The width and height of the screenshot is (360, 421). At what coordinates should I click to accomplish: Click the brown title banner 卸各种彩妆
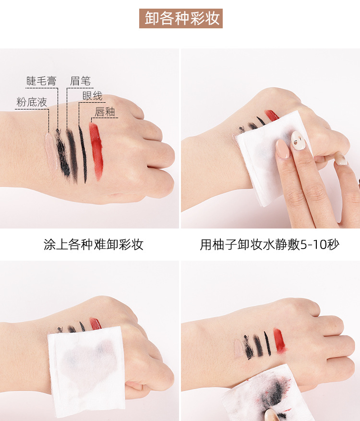coord(180,18)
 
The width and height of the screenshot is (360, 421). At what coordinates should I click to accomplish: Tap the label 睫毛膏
coord(41,81)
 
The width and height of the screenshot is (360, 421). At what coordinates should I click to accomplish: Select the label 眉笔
coord(80,81)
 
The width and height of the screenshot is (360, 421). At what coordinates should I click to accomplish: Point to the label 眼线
coord(92,96)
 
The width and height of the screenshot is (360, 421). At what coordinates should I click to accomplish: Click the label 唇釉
coord(105,112)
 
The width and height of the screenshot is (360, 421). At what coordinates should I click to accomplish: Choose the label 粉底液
coord(32,102)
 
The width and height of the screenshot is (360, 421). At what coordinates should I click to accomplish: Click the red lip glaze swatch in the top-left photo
coord(96,150)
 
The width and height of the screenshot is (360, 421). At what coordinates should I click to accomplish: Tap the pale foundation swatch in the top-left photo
coord(51,151)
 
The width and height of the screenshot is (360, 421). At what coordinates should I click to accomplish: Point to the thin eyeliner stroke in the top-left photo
coord(83,154)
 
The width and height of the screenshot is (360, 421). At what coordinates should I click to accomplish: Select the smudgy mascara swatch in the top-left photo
coord(62,153)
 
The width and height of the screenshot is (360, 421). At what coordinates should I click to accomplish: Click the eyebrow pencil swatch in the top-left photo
coord(72,156)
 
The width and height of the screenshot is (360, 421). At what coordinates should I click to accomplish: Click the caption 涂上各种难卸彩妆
coord(94,244)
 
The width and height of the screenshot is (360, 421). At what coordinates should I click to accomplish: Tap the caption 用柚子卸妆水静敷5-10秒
coord(270,244)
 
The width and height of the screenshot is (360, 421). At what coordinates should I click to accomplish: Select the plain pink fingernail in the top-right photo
coord(282,149)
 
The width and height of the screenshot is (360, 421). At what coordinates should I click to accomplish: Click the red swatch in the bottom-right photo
coord(279,341)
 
